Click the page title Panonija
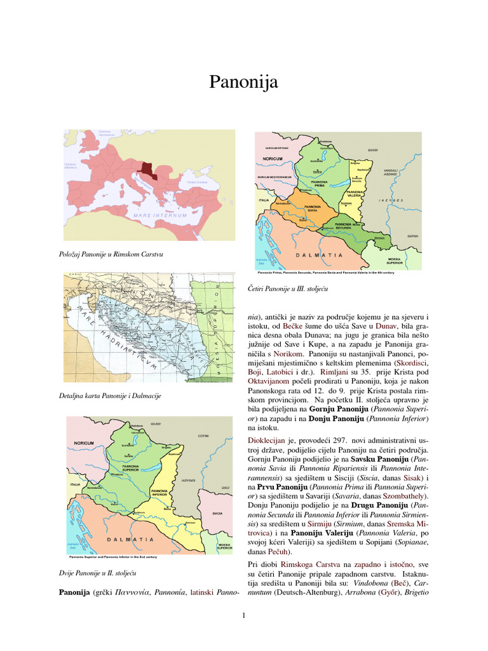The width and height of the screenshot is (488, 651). point(243,82)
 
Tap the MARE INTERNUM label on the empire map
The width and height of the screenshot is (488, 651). point(160,216)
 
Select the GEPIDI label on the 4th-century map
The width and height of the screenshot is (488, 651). point(412,236)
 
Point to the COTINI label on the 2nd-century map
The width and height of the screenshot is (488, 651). point(203,435)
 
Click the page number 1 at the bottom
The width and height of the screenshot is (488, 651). point(244,614)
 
